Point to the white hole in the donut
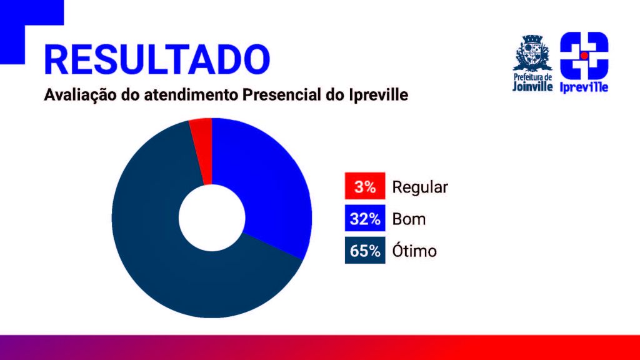[212, 218]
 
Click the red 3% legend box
[365, 186]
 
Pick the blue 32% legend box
[365, 218]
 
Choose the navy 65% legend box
[365, 250]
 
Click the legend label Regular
[420, 187]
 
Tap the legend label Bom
[409, 219]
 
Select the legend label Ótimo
[414, 250]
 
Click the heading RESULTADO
[157, 59]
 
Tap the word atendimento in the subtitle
[191, 95]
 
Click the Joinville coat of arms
[532, 53]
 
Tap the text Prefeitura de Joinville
[532, 82]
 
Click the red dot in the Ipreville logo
[584, 56]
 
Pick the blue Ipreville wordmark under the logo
[584, 87]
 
